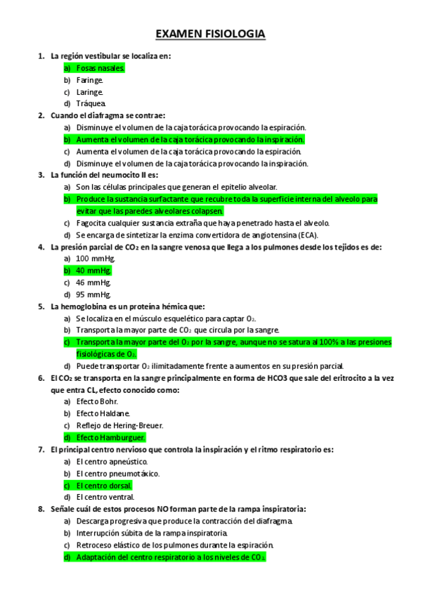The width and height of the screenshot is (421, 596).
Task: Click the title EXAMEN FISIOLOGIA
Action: pos(210,34)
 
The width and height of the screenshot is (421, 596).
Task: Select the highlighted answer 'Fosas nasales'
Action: pos(101,68)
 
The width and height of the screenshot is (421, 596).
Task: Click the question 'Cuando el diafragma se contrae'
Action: pos(108,115)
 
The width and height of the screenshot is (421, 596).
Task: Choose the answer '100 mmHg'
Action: pos(96,259)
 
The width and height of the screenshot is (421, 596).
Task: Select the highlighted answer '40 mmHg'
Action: pos(93,271)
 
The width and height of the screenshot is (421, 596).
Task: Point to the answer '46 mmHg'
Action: pos(93,283)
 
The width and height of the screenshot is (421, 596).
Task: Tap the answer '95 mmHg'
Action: pos(93,294)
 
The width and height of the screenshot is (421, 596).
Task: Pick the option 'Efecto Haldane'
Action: pos(103,413)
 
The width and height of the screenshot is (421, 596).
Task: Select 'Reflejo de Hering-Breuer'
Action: pos(119,425)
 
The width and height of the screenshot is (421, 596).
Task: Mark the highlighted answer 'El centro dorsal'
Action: pos(104,485)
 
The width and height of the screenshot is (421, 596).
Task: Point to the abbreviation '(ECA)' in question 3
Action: pos(307,235)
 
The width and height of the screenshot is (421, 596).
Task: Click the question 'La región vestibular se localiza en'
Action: pos(111,56)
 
